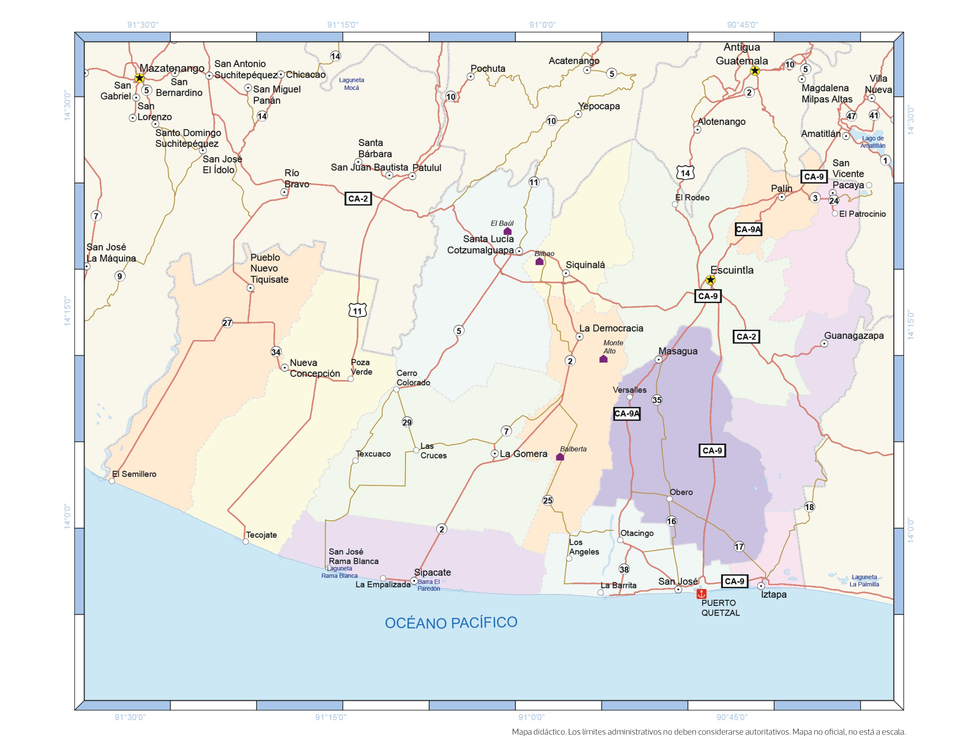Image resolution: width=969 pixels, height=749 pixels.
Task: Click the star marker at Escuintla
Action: pos(710,280)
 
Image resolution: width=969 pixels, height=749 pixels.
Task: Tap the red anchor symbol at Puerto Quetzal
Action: pos(701,594)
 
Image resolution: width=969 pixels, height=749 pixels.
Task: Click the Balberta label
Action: pos(573,449)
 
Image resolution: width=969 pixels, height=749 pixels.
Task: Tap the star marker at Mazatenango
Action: pos(139,78)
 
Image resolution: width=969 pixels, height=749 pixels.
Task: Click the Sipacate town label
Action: pos(432,572)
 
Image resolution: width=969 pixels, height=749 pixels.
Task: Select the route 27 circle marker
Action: pos(227,323)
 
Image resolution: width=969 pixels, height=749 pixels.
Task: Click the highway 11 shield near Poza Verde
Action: pos(358,310)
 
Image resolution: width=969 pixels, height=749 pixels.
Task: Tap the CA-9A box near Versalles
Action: pos(627,414)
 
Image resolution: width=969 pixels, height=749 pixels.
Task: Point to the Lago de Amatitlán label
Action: pos(872,142)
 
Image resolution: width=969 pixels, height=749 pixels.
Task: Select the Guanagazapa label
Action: pos(854,335)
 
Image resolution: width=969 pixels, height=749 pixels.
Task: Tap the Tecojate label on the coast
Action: pos(261,535)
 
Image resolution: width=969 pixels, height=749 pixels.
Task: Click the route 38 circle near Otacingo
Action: pos(624,569)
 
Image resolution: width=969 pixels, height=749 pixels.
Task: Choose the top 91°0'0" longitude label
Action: pos(542,25)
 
